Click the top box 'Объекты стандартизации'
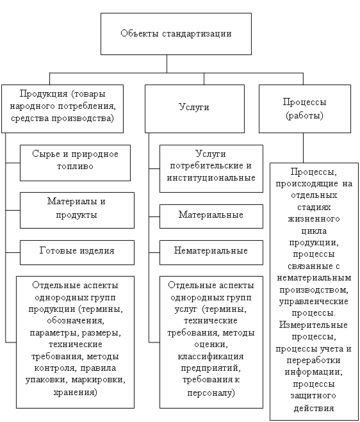click(176, 34)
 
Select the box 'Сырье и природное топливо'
click(75, 163)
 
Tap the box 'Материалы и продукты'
click(77, 210)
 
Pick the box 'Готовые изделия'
click(77, 252)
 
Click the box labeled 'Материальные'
click(211, 216)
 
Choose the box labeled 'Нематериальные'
click(211, 252)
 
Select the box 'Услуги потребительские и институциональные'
click(211, 169)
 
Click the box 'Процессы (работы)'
click(305, 109)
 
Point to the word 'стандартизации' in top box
click(197, 34)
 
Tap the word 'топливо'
click(75, 166)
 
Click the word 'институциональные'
click(211, 177)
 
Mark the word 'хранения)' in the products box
click(76, 392)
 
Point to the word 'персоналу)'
click(211, 393)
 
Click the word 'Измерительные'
click(313, 325)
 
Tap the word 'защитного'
click(313, 396)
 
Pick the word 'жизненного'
click(314, 219)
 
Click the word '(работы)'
click(304, 115)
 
